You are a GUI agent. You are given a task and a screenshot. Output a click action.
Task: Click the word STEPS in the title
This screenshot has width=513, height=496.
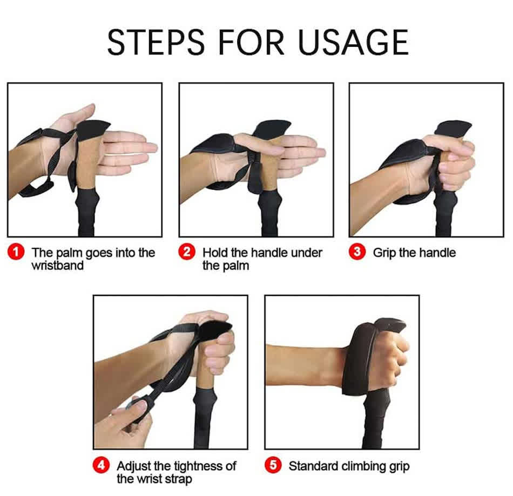coord(156,42)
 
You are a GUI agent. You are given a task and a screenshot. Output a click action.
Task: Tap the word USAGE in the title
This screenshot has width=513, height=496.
coord(353,42)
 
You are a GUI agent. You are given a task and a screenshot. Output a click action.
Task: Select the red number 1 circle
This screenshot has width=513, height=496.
coord(16,253)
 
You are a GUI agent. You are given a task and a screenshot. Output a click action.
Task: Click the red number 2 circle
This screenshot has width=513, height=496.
coord(187,253)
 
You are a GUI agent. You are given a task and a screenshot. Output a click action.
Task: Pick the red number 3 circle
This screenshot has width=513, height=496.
coord(357,252)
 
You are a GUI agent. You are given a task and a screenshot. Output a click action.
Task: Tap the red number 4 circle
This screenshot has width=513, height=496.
coord(102,465)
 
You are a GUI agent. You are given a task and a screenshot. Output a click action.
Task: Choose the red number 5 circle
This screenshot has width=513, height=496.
coord(273,465)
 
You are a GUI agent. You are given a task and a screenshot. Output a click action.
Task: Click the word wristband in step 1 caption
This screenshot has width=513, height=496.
coord(58,266)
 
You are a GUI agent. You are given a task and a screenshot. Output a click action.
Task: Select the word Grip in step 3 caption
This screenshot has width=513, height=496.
coord(384,253)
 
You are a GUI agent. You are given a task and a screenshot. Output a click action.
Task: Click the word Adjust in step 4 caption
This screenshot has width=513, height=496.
coord(133,466)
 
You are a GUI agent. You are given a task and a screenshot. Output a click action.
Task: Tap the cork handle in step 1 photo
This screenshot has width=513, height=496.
coord(86,164)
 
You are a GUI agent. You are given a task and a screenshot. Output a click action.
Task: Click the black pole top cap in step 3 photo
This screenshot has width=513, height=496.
coord(454,129)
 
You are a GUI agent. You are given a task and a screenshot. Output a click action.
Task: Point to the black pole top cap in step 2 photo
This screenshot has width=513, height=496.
coord(272,128)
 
